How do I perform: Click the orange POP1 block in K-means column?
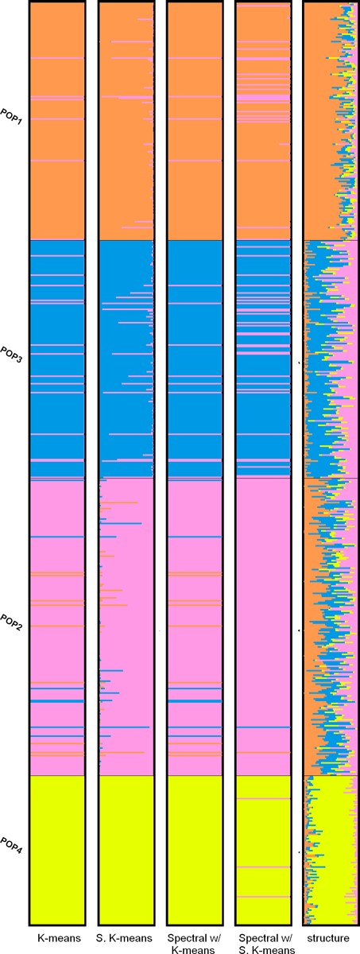[56, 159]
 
